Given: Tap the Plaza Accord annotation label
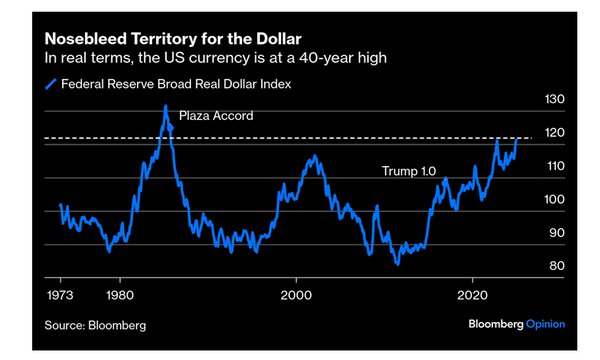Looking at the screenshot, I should pyautogui.click(x=215, y=116).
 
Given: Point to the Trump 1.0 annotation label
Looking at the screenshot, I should pyautogui.click(x=409, y=171).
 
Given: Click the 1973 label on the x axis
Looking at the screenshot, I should pyautogui.click(x=60, y=296).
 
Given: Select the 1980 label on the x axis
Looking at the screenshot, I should pyautogui.click(x=120, y=296).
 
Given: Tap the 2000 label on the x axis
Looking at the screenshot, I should pyautogui.click(x=296, y=296).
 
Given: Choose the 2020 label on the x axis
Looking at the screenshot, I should pyautogui.click(x=471, y=296).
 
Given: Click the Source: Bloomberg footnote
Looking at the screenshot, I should pyautogui.click(x=95, y=325).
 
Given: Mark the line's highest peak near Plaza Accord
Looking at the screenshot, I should pyautogui.click(x=166, y=106).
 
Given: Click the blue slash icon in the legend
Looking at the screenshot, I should pyautogui.click(x=49, y=85).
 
